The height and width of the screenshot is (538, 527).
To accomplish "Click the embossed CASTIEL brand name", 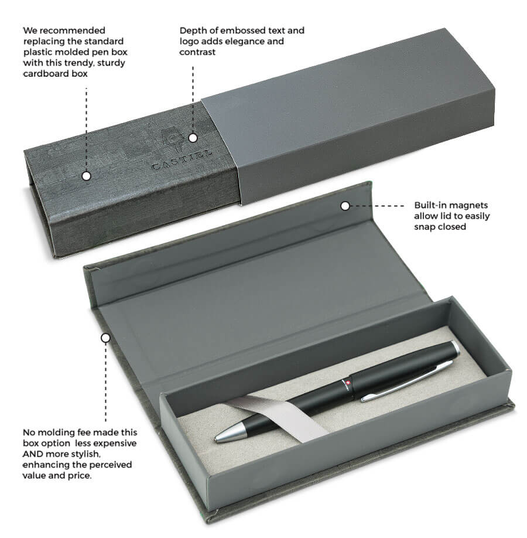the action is (182, 160).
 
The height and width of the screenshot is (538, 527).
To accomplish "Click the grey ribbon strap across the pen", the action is (278, 417).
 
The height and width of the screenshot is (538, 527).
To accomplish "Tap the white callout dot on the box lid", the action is (345, 206).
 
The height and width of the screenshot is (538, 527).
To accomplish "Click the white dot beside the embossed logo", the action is (193, 138).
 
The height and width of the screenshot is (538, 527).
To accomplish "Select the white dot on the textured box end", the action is (87, 176).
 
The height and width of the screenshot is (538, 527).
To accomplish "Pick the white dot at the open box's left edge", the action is (105, 338).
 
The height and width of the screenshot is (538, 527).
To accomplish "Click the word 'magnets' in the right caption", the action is (470, 206).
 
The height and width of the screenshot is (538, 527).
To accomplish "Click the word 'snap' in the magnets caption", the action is (425, 227).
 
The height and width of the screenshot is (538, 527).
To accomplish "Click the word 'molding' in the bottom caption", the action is (55, 433).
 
